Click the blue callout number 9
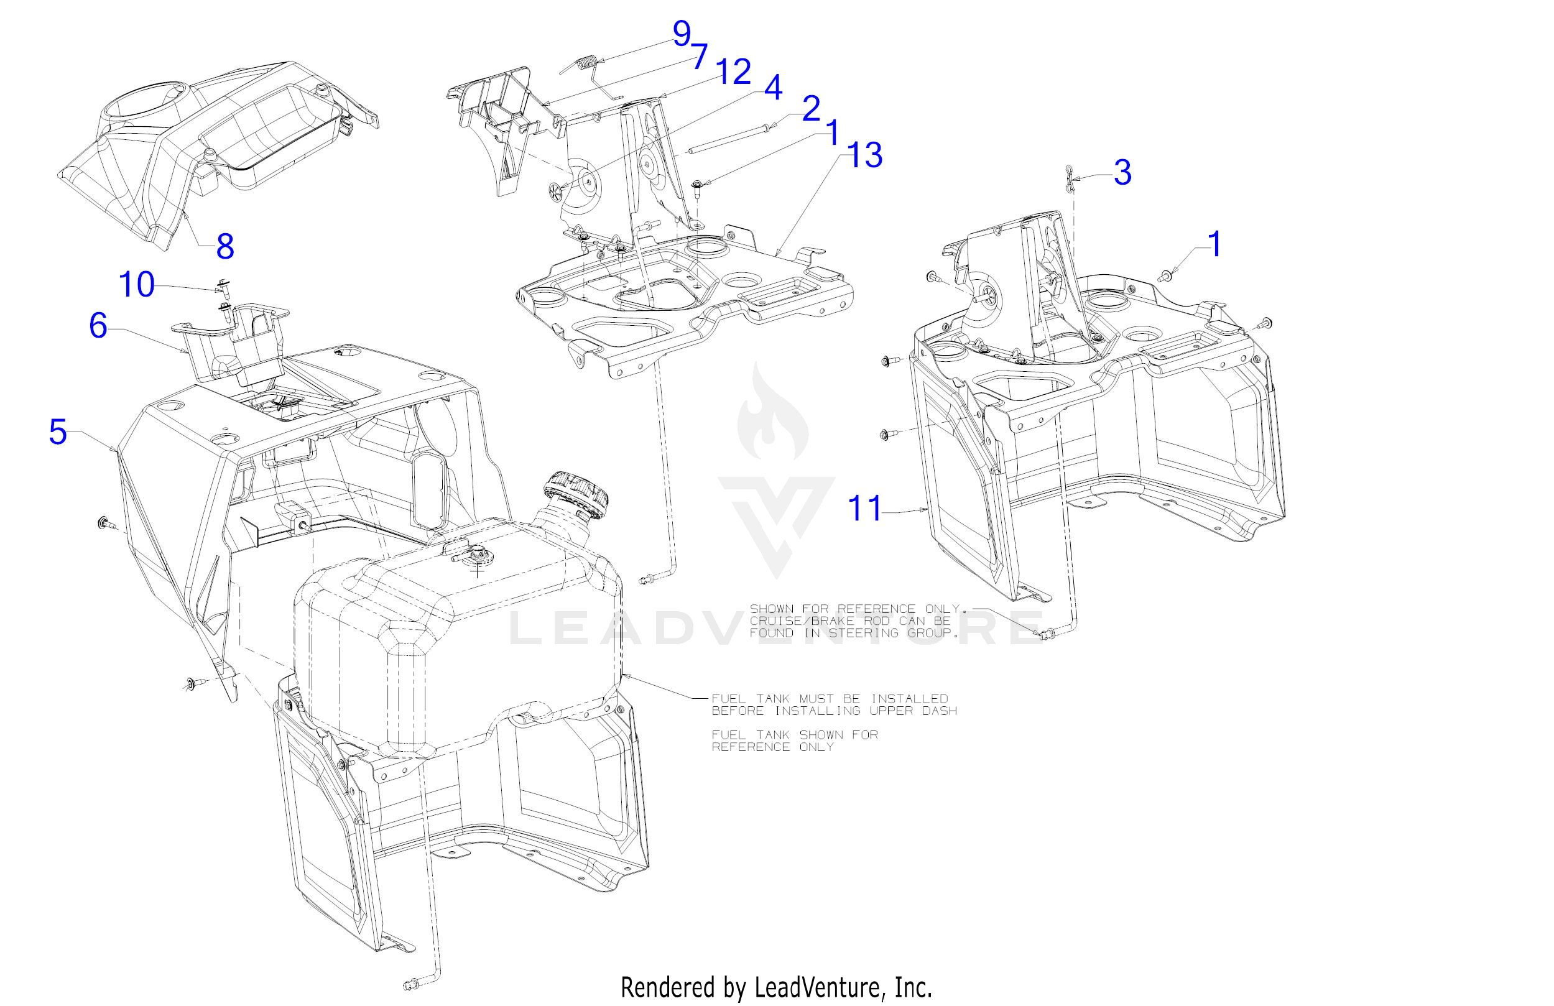coord(682,34)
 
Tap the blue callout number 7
coord(700,57)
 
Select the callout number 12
coord(733,72)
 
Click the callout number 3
coord(1122,172)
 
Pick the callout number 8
coord(225,246)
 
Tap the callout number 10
coord(137,285)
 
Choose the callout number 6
coord(98,325)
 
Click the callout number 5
coord(58,432)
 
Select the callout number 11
coord(865,508)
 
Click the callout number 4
coord(773,88)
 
